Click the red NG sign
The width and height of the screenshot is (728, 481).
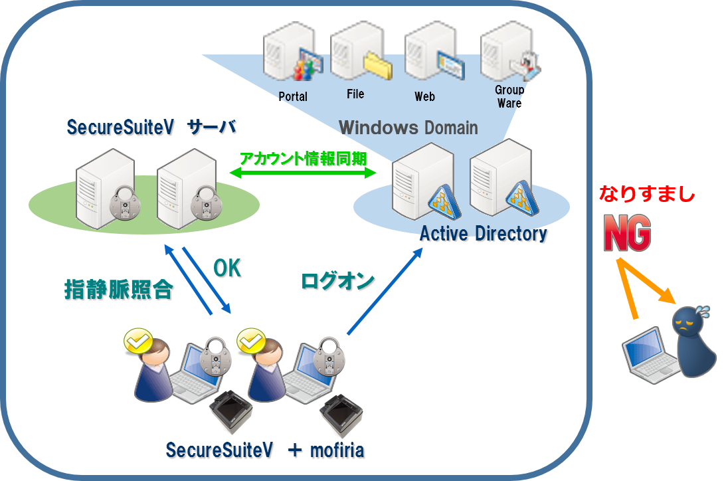click(626, 233)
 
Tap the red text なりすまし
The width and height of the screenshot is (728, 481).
click(646, 194)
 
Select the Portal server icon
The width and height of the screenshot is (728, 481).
click(291, 54)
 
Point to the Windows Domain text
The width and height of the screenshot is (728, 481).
click(408, 127)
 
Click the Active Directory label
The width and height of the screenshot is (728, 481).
click(484, 234)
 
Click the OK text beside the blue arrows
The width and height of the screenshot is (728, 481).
click(227, 268)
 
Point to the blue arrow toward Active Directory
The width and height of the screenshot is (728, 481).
click(385, 292)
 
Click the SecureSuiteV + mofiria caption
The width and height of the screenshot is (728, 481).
click(266, 450)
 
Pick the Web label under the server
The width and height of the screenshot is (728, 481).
click(424, 97)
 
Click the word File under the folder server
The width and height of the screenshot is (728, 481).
click(355, 94)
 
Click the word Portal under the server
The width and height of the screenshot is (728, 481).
click(292, 96)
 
